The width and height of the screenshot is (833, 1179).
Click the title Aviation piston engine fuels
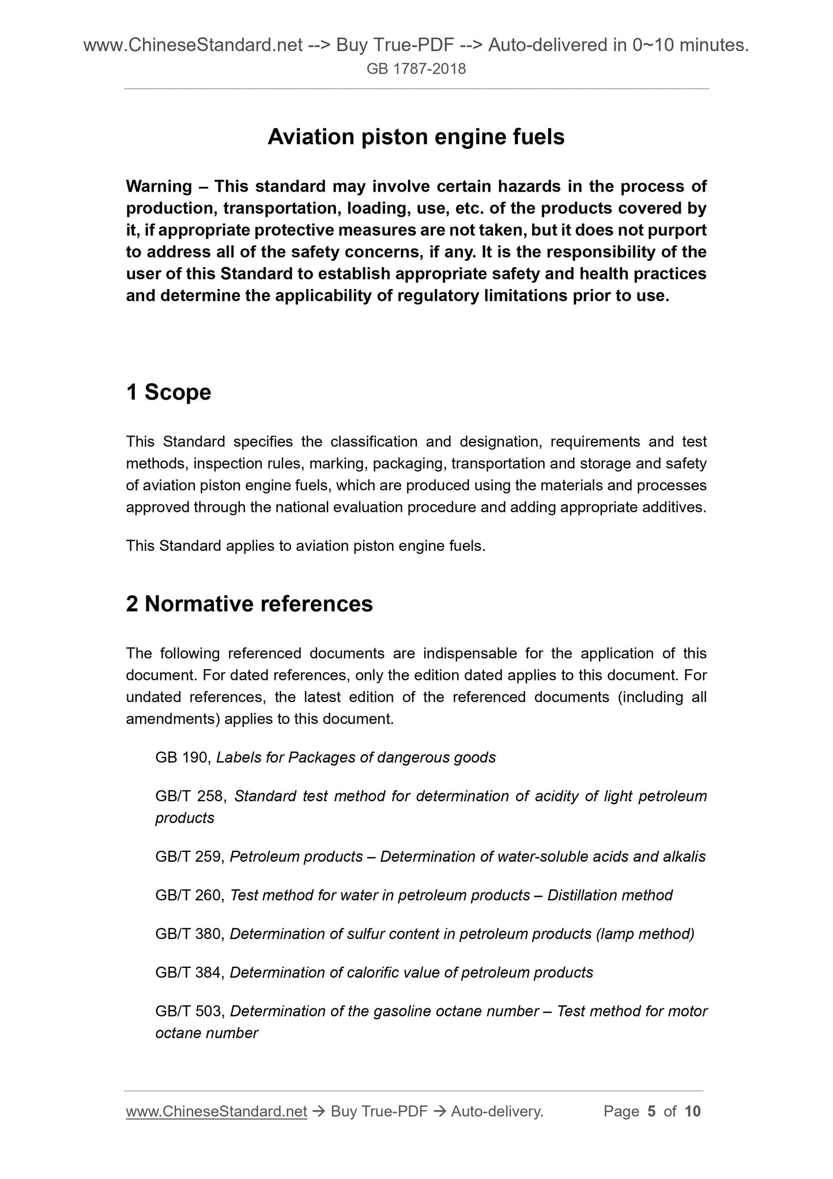(416, 137)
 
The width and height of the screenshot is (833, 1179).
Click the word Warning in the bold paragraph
(159, 186)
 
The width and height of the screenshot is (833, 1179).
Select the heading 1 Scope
(168, 392)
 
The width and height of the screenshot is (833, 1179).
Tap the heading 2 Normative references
(249, 604)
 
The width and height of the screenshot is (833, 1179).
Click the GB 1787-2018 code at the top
(416, 70)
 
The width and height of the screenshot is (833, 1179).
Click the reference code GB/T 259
(189, 857)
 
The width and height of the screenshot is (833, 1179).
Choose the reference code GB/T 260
(189, 895)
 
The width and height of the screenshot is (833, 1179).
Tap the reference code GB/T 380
(189, 934)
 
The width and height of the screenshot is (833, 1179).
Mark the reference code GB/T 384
(189, 973)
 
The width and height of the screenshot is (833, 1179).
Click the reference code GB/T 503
(189, 1011)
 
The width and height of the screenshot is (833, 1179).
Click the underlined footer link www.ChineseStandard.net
(216, 1112)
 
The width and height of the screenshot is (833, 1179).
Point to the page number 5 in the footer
(651, 1112)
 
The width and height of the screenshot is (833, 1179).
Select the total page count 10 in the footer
(692, 1112)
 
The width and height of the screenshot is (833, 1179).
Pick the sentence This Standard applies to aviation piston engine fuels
(306, 546)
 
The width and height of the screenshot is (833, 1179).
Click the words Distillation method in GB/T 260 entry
(610, 895)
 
